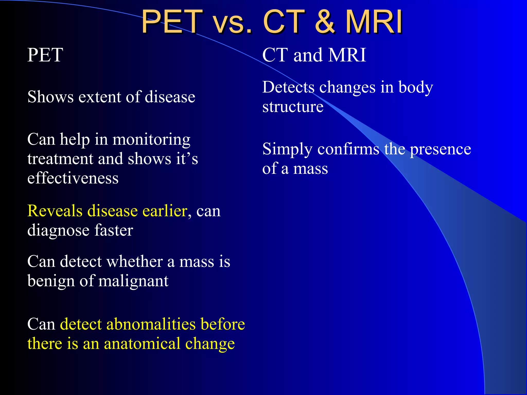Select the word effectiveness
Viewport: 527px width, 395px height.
73,178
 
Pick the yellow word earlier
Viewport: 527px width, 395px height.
165,211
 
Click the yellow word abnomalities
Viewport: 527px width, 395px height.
151,324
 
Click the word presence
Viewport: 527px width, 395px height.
440,149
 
